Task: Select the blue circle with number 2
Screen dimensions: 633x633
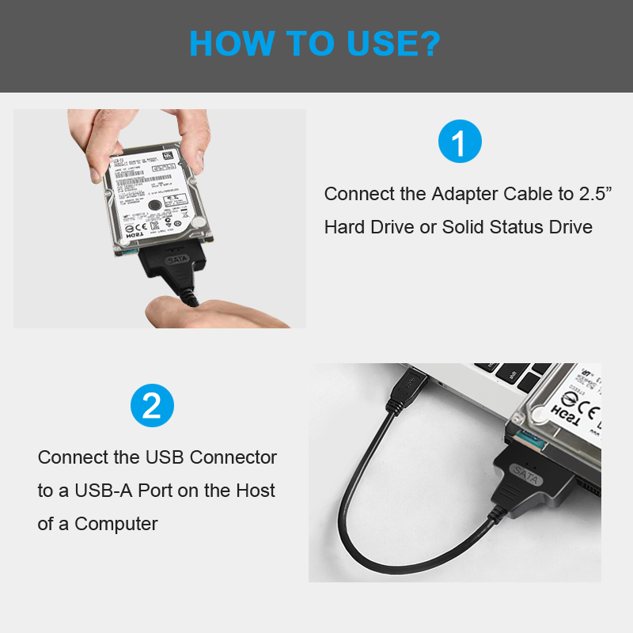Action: (151, 406)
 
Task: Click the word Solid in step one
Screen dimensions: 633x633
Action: (464, 228)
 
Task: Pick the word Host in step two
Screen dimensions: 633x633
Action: (256, 491)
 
